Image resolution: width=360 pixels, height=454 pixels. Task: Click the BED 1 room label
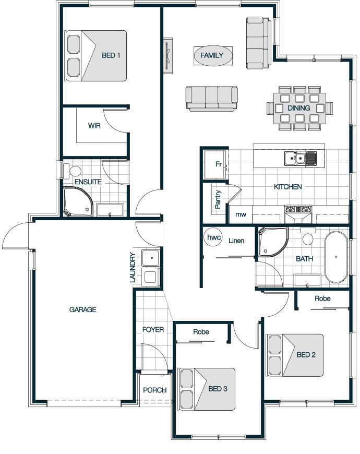tap(111, 55)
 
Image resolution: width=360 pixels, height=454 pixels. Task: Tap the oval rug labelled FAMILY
tap(213, 55)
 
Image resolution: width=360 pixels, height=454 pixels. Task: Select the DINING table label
tap(298, 108)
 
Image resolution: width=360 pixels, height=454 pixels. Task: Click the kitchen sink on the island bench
tap(300, 159)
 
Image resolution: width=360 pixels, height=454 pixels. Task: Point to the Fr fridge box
tap(216, 164)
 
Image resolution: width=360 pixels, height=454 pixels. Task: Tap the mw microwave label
tap(241, 214)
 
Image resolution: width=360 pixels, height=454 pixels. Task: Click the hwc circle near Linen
tap(214, 237)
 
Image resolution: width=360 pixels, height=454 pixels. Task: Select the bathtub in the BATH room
tap(336, 257)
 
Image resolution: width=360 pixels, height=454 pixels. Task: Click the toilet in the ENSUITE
tap(73, 171)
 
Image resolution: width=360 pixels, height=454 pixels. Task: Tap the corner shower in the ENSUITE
tap(78, 202)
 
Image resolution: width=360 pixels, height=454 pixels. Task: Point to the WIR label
tap(94, 126)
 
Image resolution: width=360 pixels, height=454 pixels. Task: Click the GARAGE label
tap(83, 309)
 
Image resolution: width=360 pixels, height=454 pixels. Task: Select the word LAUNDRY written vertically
tap(133, 267)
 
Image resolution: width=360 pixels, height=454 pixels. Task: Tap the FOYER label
tap(153, 329)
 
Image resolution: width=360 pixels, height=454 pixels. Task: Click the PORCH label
tap(155, 390)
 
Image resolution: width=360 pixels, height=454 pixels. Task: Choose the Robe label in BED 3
tap(201, 332)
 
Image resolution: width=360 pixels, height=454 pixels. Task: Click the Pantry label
tap(218, 199)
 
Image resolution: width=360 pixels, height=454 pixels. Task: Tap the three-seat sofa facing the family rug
tap(211, 99)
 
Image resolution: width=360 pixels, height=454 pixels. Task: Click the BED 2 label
tap(306, 354)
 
